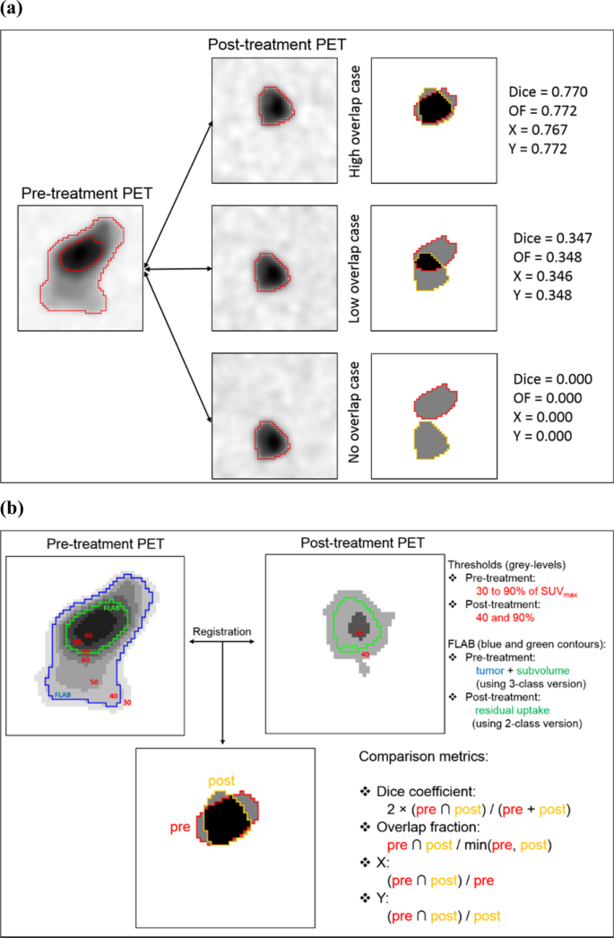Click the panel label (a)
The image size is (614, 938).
15,11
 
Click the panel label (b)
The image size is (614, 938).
15,510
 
